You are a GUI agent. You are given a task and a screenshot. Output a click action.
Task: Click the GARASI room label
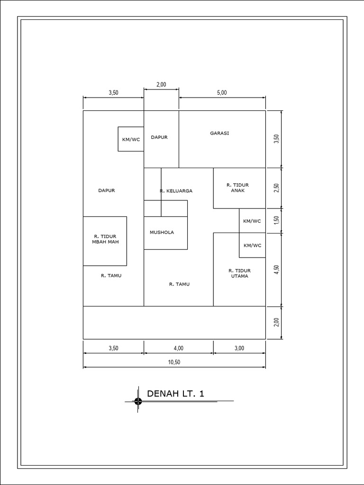[219, 133]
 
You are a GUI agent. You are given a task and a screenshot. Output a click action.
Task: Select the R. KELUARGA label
[176, 191]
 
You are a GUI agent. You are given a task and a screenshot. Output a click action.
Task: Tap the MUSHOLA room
[162, 233]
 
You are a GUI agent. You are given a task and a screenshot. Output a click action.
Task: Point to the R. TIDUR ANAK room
[238, 188]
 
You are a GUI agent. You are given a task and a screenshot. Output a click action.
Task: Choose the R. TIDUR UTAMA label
[239, 273]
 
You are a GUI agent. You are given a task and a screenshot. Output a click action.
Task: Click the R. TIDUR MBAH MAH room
[105, 239]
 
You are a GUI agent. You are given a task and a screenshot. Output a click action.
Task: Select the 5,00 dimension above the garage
[222, 93]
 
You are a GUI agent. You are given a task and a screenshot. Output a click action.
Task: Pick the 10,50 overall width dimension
[174, 362]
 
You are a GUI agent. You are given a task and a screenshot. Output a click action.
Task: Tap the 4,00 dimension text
[178, 348]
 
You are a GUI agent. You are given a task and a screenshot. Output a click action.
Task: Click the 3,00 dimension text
[239, 348]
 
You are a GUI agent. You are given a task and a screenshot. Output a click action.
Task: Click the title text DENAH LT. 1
[175, 394]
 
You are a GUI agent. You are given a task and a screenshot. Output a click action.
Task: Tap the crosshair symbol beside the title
[138, 401]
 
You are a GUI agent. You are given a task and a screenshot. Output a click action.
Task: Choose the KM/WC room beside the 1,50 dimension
[252, 221]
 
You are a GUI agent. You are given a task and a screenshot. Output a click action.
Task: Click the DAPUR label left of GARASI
[159, 137]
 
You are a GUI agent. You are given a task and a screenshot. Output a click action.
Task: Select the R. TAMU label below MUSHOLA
[179, 285]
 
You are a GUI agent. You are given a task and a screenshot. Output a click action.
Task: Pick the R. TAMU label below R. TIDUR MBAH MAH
[111, 275]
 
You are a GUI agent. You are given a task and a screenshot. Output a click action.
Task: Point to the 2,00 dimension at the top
[161, 84]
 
